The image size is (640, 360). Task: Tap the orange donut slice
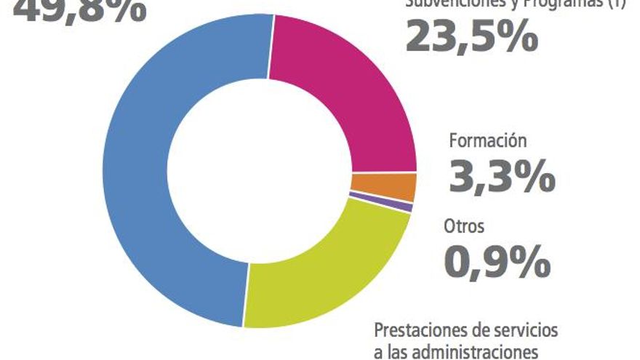coord(383,187)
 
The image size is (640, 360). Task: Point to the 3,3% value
coord(503,177)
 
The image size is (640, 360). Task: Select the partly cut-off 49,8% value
coord(80,9)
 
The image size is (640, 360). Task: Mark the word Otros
coord(464,226)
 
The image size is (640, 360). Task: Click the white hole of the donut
coord(260,171)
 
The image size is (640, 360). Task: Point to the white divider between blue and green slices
coord(245,295)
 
